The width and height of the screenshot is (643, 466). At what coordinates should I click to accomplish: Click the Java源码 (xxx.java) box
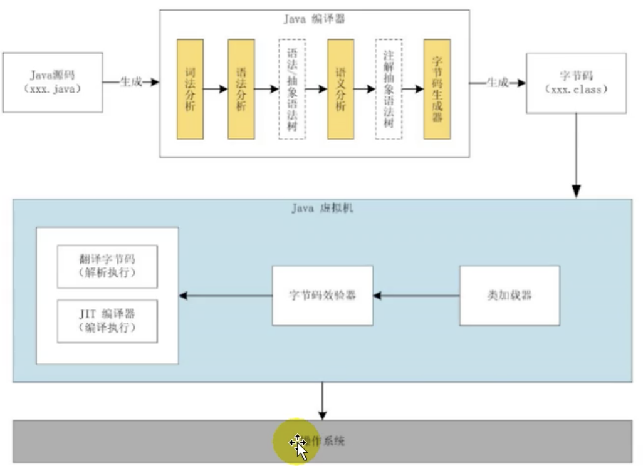(x=53, y=82)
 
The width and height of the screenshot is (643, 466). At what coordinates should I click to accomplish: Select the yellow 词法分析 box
(x=190, y=89)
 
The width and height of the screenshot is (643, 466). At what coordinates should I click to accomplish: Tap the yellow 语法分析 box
(x=241, y=89)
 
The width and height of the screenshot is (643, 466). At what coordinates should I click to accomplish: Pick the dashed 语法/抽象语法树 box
(x=292, y=89)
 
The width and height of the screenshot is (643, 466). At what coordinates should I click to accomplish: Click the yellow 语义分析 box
(x=341, y=89)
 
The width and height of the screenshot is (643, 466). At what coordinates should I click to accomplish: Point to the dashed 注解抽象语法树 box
(x=389, y=89)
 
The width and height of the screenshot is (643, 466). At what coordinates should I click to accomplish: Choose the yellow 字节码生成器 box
(x=437, y=89)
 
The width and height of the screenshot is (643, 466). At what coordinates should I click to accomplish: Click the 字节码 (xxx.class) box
(x=576, y=83)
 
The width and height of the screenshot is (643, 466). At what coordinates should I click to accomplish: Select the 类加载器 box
(x=509, y=295)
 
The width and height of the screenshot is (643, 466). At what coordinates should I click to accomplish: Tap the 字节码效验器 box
(x=322, y=295)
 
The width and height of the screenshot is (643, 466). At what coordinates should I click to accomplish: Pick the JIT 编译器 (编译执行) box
(x=107, y=321)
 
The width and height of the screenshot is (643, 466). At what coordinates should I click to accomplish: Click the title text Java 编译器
(x=314, y=19)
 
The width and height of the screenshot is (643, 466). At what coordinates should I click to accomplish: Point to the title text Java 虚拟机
(x=322, y=208)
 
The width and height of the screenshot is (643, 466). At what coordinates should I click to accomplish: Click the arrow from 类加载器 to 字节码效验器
(x=416, y=295)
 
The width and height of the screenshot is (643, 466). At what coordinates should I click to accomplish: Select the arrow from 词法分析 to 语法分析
(x=216, y=89)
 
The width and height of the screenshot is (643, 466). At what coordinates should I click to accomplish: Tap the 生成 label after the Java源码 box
(x=130, y=82)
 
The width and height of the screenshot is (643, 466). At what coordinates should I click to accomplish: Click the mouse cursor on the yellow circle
(x=298, y=444)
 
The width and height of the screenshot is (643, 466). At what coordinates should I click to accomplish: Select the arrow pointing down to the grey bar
(x=322, y=401)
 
